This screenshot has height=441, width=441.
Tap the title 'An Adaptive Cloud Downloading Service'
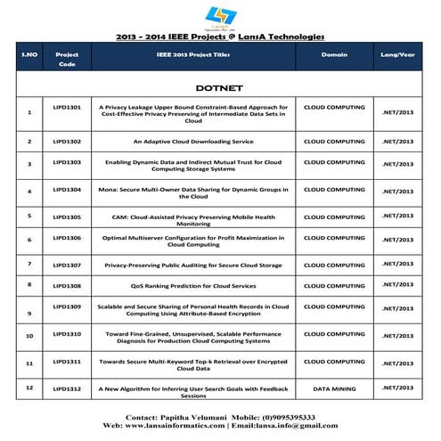193,141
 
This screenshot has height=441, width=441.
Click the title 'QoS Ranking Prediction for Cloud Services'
193,285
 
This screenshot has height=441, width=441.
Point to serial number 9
30,313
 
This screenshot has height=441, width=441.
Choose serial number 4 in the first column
30,192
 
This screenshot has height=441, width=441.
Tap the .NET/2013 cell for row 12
397,388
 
